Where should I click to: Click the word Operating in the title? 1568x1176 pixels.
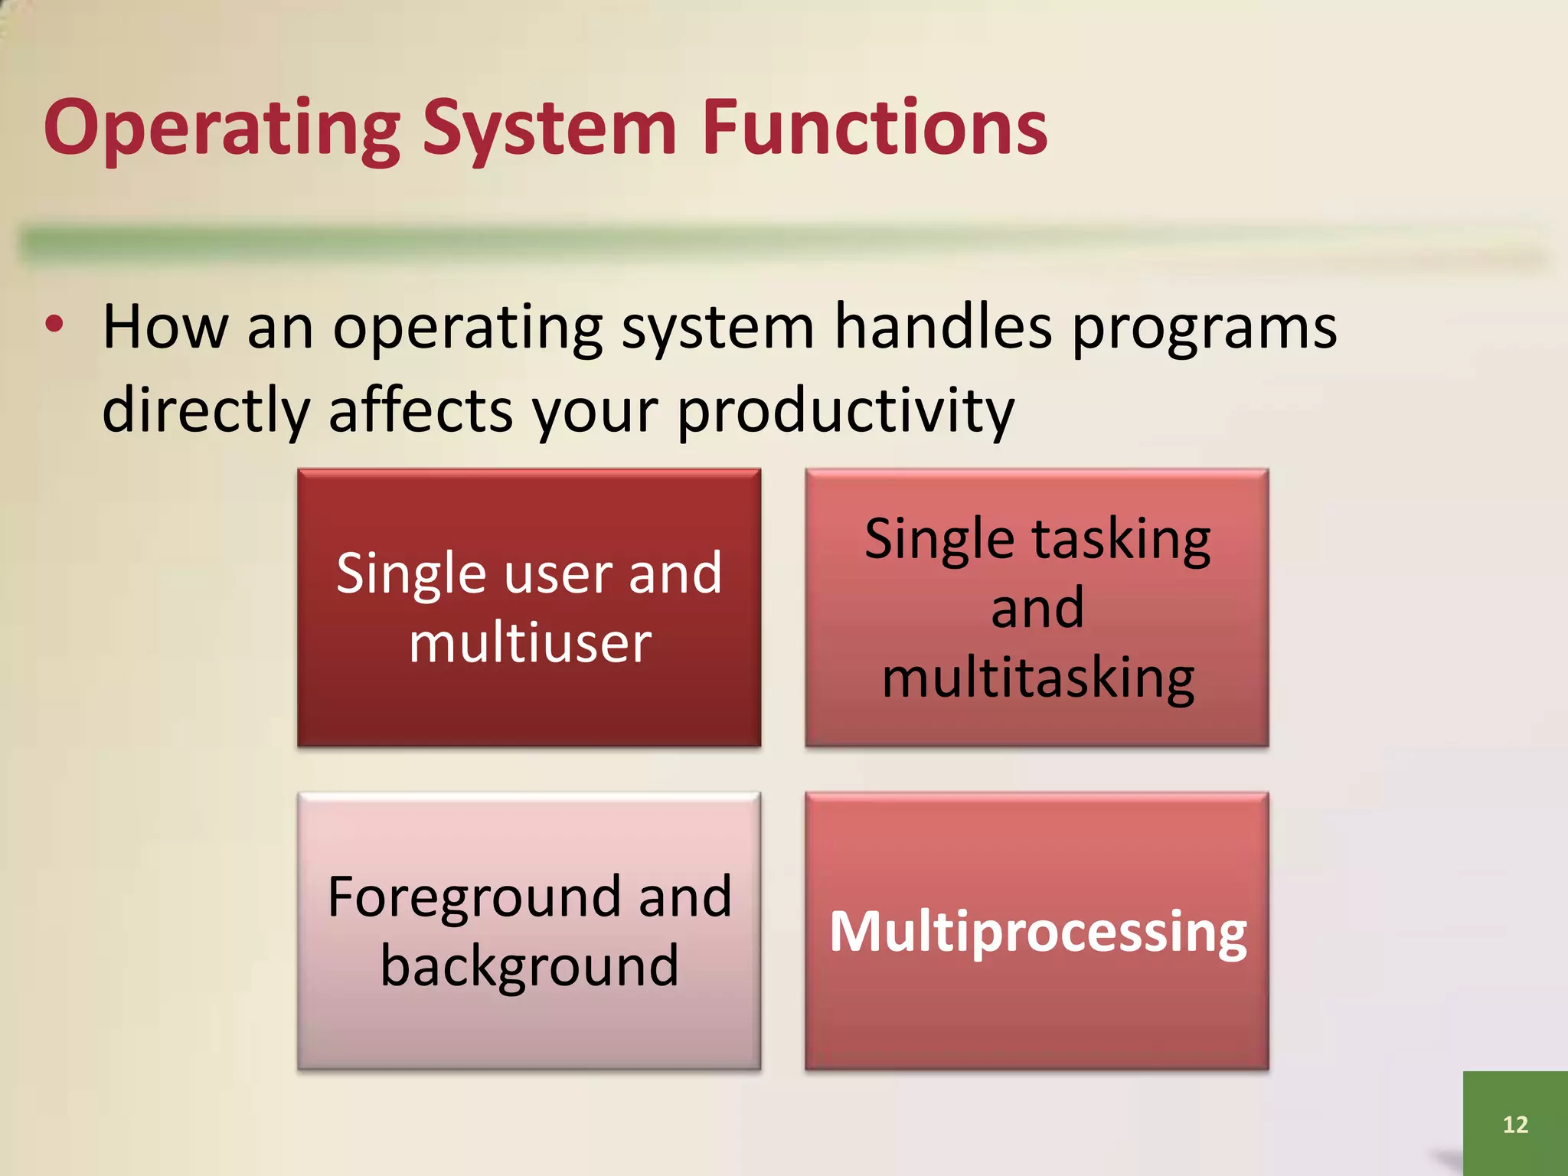click(x=222, y=128)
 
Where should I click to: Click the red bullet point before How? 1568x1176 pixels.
click(x=54, y=325)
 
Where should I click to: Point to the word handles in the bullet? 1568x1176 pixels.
click(x=942, y=328)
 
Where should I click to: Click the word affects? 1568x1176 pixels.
click(x=419, y=410)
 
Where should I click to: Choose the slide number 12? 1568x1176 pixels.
click(x=1515, y=1124)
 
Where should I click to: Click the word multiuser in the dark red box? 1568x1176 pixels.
click(x=530, y=642)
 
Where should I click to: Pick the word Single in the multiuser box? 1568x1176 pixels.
click(x=411, y=574)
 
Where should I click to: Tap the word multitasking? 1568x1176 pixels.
click(x=1037, y=678)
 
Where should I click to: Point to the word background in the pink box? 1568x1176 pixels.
click(x=530, y=966)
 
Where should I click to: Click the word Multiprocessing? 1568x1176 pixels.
click(x=1037, y=932)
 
